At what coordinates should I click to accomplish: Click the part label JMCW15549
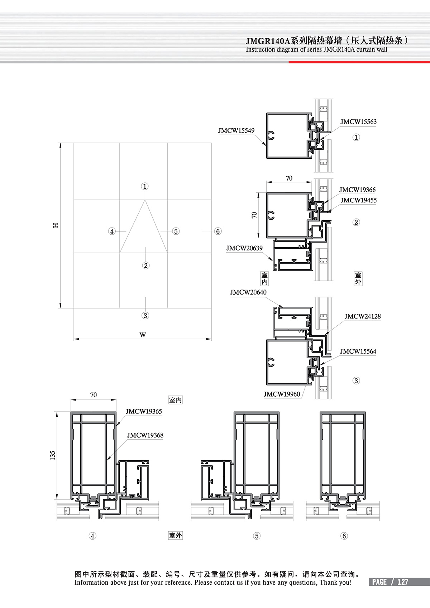(236, 131)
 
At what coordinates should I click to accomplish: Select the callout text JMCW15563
(358, 122)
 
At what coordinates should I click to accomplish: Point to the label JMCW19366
(357, 190)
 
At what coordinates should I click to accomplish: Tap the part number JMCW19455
(358, 200)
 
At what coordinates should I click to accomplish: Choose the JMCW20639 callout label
(244, 248)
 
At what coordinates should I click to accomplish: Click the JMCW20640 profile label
(248, 292)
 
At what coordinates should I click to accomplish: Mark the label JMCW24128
(362, 316)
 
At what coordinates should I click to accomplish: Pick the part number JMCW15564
(358, 351)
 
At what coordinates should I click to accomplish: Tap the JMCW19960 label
(282, 394)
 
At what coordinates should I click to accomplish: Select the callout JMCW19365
(143, 412)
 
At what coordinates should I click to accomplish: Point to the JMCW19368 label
(145, 435)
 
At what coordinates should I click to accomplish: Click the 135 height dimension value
(53, 455)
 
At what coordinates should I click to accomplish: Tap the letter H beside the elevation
(56, 225)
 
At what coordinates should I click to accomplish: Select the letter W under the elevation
(143, 335)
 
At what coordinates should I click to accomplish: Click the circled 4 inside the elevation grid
(112, 231)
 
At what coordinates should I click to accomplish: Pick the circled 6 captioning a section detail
(344, 536)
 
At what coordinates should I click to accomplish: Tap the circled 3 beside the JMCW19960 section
(356, 380)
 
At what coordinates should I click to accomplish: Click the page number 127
(403, 582)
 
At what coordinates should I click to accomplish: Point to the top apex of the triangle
(145, 200)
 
